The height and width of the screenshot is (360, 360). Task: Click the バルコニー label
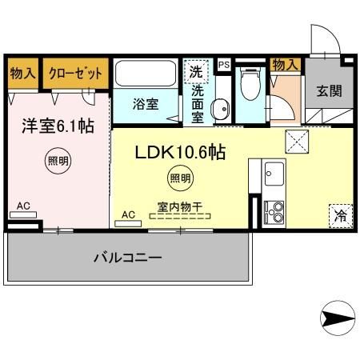[128, 258]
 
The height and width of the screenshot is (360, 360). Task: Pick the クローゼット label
[76, 73]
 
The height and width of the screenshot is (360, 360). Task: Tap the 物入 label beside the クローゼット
[22, 73]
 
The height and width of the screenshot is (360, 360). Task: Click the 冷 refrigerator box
[340, 214]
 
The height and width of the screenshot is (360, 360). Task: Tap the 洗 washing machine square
[196, 71]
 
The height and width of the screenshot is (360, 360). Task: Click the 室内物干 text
[178, 206]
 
